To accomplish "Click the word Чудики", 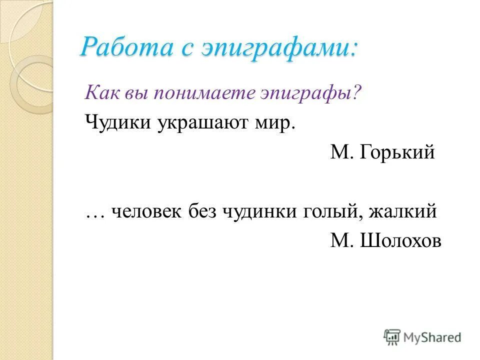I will (x=117, y=122).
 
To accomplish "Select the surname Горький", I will (x=397, y=152).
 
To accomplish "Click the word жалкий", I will (x=403, y=212).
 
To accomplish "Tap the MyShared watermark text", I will (x=432, y=338).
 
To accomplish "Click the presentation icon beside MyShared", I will (x=392, y=337).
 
